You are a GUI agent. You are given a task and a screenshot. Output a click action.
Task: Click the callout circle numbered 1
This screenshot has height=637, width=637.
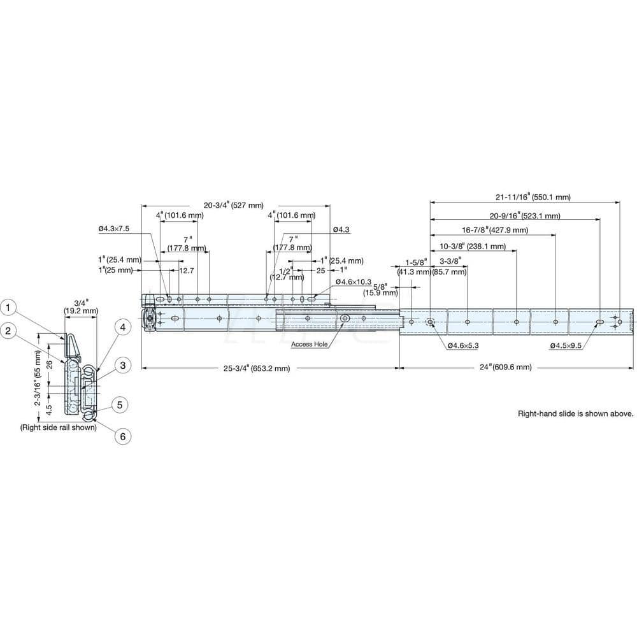(x=8, y=308)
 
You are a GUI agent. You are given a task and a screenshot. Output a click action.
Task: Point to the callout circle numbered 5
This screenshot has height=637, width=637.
(x=120, y=404)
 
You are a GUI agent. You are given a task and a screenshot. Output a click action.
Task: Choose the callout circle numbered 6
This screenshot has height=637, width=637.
(x=122, y=436)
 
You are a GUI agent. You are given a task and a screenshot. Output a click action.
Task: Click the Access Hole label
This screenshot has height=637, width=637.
(x=310, y=345)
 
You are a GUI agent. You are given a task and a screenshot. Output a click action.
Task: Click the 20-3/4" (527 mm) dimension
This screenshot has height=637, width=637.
(x=233, y=205)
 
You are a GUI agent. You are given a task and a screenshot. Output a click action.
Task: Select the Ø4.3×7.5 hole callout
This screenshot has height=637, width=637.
(x=114, y=229)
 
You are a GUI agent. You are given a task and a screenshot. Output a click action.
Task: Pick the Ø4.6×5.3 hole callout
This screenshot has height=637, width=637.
(x=462, y=345)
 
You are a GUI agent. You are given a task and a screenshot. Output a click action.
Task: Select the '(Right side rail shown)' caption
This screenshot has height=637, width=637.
(x=59, y=428)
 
